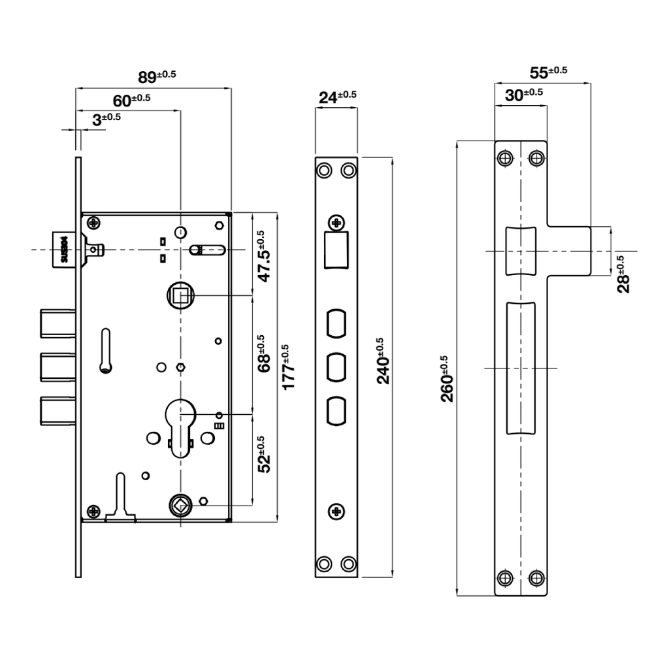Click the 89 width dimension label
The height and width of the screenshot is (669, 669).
tap(157, 76)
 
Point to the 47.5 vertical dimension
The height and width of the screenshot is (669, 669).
tap(263, 256)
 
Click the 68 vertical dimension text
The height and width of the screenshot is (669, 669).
tap(263, 353)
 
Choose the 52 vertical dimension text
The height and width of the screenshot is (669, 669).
tap(263, 454)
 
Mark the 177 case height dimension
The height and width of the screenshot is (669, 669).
tap(287, 367)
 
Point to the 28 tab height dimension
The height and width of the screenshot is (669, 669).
tap(624, 274)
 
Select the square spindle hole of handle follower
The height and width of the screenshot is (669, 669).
tap(180, 297)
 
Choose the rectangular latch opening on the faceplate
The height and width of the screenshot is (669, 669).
tap(336, 250)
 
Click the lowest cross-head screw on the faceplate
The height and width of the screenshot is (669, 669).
tap(336, 511)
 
